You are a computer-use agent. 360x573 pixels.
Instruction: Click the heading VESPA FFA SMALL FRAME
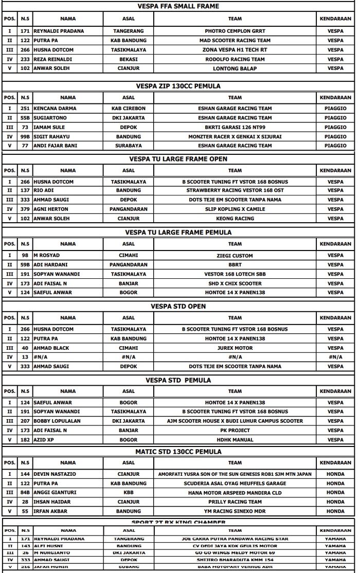point(178,6)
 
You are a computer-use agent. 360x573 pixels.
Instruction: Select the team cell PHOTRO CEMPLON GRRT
point(235,31)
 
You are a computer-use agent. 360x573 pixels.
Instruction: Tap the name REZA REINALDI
point(52,59)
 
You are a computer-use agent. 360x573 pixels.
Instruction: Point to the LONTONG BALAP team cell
point(235,68)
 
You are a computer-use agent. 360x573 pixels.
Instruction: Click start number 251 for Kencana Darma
point(25,109)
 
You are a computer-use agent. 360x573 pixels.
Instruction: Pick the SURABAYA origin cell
point(128,146)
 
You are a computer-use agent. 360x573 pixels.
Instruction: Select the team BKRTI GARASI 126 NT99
point(235,127)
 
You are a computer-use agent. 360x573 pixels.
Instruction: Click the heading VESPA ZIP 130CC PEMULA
point(178,86)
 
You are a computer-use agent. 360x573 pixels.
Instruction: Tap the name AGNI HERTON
point(51,209)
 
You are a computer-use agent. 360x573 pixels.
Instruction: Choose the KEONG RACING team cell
point(235,219)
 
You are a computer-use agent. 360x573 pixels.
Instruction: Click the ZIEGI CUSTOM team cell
point(235,256)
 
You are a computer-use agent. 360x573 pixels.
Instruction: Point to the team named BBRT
point(235,265)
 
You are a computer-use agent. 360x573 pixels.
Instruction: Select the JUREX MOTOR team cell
point(235,348)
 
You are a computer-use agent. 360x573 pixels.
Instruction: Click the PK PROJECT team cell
point(235,430)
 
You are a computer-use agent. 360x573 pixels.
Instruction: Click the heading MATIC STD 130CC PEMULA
point(178,452)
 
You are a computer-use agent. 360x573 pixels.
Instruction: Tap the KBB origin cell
point(128,492)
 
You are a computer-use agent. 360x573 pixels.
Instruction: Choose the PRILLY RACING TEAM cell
point(235,502)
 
